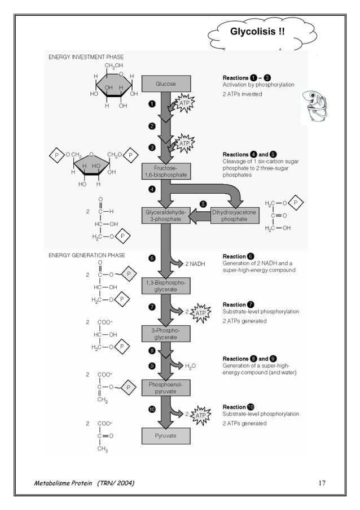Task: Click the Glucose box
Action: click(165, 84)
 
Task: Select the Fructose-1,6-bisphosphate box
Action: click(165, 172)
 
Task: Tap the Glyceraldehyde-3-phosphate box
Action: click(165, 215)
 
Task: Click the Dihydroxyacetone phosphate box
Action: click(234, 215)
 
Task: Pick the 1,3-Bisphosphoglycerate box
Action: click(165, 286)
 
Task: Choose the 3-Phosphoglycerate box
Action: click(165, 333)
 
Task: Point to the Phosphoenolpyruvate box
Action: click(165, 387)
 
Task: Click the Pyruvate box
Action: click(165, 435)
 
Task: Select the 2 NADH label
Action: click(190, 264)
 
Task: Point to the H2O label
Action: click(190, 366)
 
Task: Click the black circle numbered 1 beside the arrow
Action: click(152, 104)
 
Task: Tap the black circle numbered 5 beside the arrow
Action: click(203, 203)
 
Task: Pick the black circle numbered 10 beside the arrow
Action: click(152, 409)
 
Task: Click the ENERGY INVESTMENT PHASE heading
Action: click(86, 57)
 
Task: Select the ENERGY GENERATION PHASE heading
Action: click(86, 255)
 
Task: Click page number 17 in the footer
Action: click(322, 482)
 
